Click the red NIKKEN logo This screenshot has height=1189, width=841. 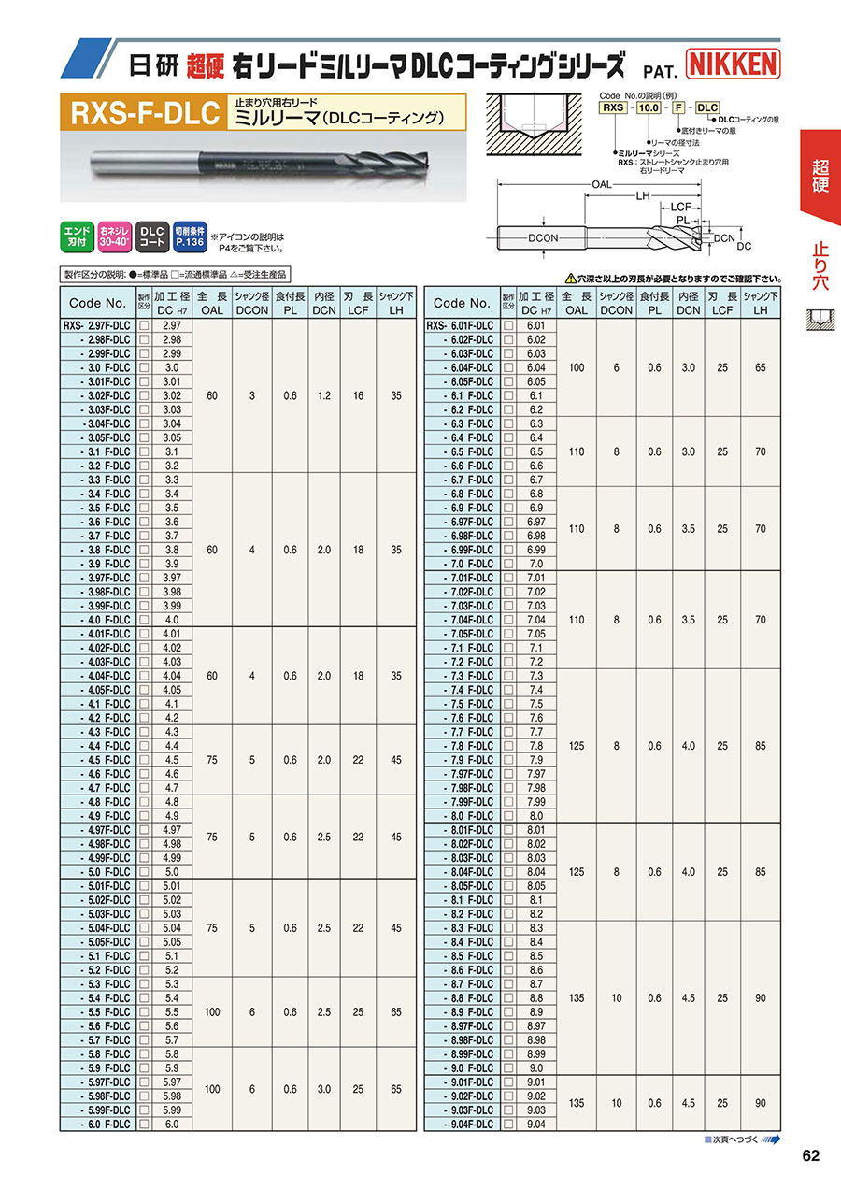pos(733,64)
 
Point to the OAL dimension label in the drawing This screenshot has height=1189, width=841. pos(601,184)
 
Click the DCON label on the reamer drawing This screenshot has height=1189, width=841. pos(543,237)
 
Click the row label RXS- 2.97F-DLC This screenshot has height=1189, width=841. pos(98,326)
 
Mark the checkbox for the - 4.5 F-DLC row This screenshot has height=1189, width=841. pos(145,760)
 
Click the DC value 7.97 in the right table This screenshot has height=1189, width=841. pos(535,774)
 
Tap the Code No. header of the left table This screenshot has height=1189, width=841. pos(97,303)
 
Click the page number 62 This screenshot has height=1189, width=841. pos(810,1156)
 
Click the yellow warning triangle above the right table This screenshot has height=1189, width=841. pos(571,279)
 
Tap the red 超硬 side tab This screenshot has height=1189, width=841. pos(820,176)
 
